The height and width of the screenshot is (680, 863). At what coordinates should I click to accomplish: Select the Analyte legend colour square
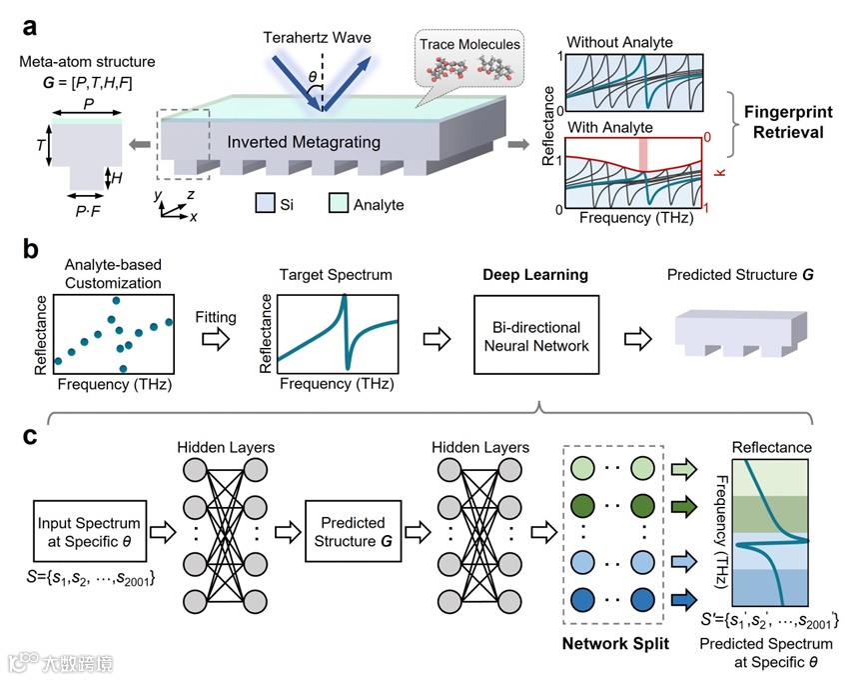coord(340,204)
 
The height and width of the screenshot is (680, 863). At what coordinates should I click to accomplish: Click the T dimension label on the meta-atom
coord(40,145)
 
